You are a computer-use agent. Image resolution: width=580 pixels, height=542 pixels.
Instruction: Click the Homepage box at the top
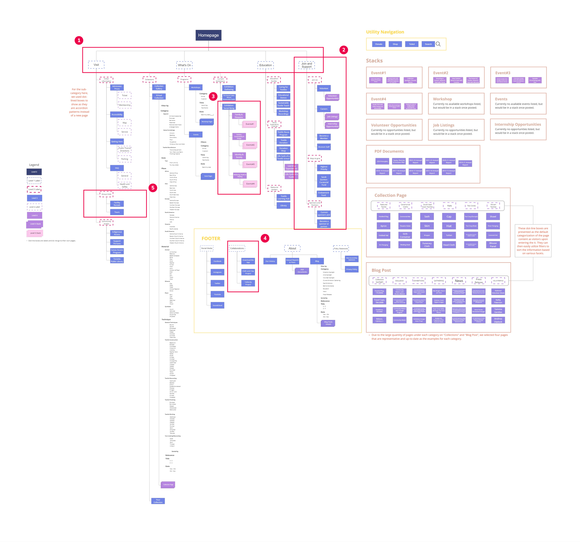click(208, 35)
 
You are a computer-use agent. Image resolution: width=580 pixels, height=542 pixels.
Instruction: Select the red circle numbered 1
click(79, 40)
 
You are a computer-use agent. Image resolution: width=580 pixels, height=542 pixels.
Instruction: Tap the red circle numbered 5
click(153, 188)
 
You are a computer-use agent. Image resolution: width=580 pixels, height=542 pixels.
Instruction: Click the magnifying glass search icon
click(438, 44)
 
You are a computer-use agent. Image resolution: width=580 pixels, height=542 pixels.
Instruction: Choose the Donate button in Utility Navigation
click(379, 44)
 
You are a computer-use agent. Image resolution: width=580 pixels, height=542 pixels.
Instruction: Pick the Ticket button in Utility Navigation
click(412, 44)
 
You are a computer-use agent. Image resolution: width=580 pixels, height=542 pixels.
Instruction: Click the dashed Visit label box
click(96, 65)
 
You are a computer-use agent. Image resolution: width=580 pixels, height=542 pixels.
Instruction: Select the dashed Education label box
click(265, 65)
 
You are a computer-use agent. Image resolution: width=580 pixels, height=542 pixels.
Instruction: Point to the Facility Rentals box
click(117, 204)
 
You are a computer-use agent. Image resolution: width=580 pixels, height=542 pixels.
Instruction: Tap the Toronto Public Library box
click(117, 260)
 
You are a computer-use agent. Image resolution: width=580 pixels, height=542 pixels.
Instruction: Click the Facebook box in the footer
click(217, 261)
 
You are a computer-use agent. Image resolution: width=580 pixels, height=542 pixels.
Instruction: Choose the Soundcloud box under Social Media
click(217, 305)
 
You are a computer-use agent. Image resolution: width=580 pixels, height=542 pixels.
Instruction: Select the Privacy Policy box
click(351, 269)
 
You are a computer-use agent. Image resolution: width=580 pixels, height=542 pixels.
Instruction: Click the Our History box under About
click(270, 261)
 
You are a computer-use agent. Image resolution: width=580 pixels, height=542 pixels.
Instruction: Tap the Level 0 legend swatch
click(34, 172)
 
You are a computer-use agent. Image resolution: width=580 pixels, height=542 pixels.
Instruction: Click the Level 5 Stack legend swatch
click(35, 233)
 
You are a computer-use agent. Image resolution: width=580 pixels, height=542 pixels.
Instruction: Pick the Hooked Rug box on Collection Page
click(383, 216)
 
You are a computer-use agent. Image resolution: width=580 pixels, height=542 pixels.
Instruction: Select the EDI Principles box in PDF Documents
click(382, 161)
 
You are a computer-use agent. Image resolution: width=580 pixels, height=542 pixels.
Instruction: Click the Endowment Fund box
click(324, 194)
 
